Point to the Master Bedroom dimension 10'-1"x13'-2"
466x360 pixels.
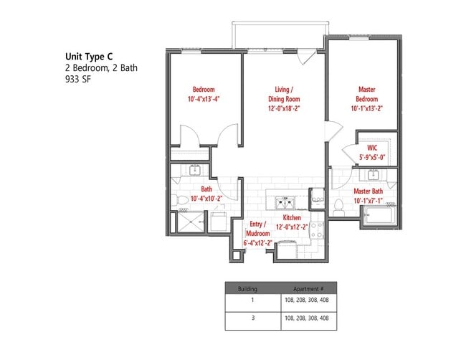click(x=366, y=110)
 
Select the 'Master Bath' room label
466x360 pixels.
click(x=368, y=191)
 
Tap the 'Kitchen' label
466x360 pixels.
click(x=291, y=217)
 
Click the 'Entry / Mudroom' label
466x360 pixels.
click(x=257, y=229)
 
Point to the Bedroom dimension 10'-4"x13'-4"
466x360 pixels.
click(x=203, y=100)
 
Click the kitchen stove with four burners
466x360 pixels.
click(x=317, y=229)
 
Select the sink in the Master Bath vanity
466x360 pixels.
click(x=372, y=175)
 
